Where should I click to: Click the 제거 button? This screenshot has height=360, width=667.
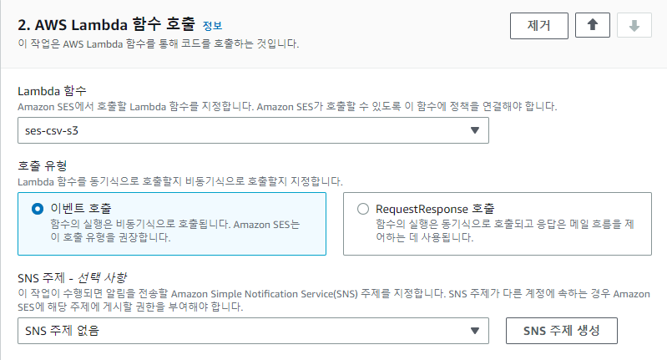[x=538, y=25]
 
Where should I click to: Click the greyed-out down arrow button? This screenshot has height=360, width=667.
[x=634, y=25]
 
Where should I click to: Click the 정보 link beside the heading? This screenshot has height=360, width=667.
[x=213, y=26]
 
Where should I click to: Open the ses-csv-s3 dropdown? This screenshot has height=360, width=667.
[x=252, y=129]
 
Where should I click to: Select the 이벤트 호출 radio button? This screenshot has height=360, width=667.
[x=37, y=209]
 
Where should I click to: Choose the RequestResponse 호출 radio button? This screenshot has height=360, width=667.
[x=362, y=209]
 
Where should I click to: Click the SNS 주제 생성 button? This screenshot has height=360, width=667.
[x=561, y=330]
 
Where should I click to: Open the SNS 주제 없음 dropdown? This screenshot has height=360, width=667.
[x=252, y=330]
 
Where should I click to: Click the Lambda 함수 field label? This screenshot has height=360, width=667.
[x=52, y=90]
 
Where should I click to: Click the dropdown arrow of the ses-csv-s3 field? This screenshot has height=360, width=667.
[x=474, y=129]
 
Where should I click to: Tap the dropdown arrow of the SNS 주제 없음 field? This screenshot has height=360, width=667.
[x=474, y=330]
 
